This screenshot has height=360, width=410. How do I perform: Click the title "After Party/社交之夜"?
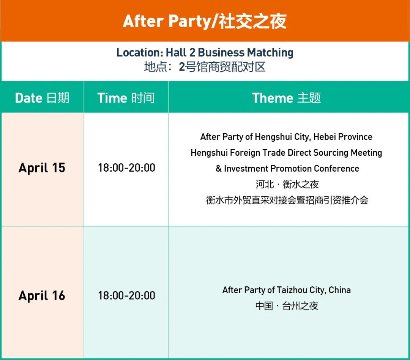[205, 21]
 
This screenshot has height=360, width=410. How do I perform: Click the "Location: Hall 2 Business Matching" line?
[205, 52]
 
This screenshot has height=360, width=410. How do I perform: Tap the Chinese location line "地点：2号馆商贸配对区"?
[205, 67]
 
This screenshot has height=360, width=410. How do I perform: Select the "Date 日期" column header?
[42, 98]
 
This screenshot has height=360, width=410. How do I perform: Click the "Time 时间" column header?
[126, 98]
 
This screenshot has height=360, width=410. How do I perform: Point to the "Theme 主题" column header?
[286, 98]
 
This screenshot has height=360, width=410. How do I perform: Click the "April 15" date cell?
[42, 168]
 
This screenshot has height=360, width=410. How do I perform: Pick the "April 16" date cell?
[42, 296]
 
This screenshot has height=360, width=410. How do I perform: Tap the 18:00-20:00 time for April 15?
[126, 168]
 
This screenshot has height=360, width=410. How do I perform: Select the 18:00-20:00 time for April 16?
[126, 296]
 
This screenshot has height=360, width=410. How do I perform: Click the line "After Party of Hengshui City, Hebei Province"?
[286, 137]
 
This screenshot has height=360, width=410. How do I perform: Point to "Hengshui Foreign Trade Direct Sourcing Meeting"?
[286, 153]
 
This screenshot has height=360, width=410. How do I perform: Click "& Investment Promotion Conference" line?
[287, 169]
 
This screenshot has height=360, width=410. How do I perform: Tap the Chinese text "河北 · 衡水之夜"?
[287, 185]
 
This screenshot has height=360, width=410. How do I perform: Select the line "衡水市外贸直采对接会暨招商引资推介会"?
[287, 200]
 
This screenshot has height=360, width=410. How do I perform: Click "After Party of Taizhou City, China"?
[287, 290]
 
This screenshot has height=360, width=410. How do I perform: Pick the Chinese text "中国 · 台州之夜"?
[287, 306]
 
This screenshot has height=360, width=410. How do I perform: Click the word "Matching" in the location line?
[270, 52]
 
